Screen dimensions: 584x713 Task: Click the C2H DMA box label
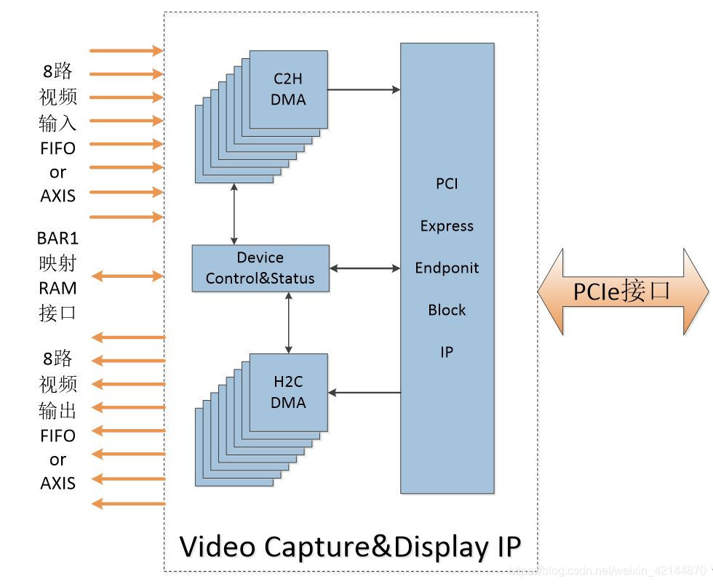click(288, 89)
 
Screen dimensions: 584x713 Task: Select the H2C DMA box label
click(288, 393)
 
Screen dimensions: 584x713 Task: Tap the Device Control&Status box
click(260, 268)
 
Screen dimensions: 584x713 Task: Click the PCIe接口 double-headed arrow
click(623, 292)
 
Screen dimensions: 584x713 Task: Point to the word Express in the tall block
click(447, 225)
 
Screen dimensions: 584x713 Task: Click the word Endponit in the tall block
click(447, 268)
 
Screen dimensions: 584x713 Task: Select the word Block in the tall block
click(447, 310)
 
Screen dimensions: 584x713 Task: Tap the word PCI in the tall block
click(447, 183)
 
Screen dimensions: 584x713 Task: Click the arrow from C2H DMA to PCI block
click(364, 89)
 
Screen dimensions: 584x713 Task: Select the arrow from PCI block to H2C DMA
click(364, 393)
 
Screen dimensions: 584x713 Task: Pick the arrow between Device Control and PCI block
click(365, 268)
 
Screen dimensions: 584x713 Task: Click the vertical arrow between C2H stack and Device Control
click(234, 214)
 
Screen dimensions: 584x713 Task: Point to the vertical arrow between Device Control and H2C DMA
click(289, 322)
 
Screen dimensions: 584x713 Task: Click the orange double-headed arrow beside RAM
click(127, 276)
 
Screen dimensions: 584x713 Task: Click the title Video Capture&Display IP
click(350, 546)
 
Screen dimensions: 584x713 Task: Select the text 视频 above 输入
click(57, 97)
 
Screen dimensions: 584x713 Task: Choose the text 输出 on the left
click(57, 410)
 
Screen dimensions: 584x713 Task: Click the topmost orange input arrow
click(127, 50)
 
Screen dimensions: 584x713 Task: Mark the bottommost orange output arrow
click(128, 503)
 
